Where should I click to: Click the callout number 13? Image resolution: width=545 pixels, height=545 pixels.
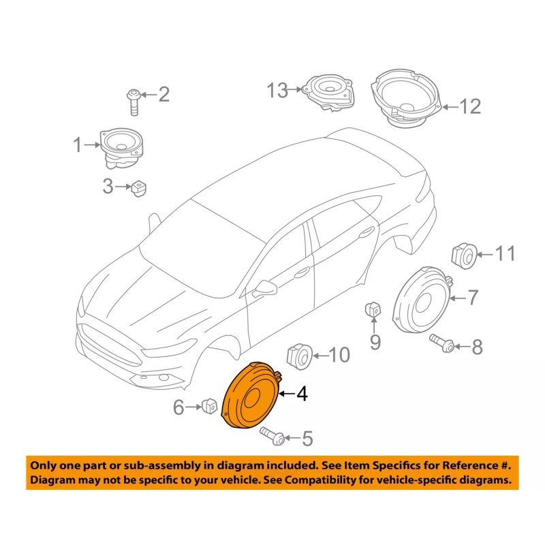click(x=278, y=89)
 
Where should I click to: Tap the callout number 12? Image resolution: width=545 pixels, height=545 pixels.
click(x=469, y=106)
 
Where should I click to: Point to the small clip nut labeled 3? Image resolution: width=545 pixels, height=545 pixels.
click(x=140, y=187)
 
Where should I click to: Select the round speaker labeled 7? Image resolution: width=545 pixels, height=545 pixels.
click(x=422, y=300)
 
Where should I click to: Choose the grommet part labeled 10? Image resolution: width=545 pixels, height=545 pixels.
click(x=297, y=355)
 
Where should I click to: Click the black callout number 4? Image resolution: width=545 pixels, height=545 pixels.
click(x=301, y=394)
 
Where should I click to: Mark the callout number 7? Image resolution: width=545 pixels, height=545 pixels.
click(x=471, y=298)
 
